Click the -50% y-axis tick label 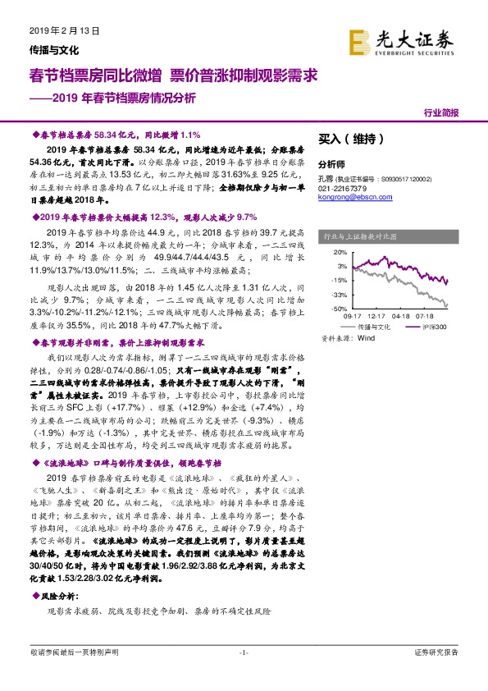[339, 308]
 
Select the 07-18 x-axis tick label [425, 315]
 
